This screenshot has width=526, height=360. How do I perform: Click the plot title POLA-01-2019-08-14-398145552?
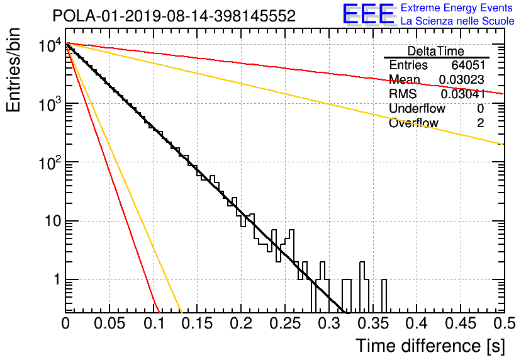[174, 16]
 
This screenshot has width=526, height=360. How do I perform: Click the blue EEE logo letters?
[368, 14]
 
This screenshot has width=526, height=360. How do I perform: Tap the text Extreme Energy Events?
[457, 8]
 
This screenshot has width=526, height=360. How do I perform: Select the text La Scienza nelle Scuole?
[457, 21]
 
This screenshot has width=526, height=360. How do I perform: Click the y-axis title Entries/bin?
[13, 70]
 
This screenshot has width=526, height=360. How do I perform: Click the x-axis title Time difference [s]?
[430, 346]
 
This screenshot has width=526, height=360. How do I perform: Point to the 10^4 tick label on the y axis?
[50, 45]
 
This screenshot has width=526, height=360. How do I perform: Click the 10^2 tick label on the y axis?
[50, 163]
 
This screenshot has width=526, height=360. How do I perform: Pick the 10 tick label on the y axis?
[53, 221]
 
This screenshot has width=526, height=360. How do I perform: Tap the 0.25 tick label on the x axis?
[285, 323]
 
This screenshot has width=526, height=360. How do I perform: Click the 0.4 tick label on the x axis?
[417, 323]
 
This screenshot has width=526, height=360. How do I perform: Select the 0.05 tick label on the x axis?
[109, 323]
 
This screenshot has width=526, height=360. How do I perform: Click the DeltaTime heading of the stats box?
[436, 51]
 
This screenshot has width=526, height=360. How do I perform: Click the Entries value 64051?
[468, 65]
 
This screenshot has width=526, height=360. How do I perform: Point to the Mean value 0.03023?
[462, 79]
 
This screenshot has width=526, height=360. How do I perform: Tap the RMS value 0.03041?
[462, 94]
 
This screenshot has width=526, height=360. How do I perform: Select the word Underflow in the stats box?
[417, 108]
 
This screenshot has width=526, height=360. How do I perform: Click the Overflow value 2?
[480, 123]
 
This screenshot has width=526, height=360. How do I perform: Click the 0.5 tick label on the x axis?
[504, 323]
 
